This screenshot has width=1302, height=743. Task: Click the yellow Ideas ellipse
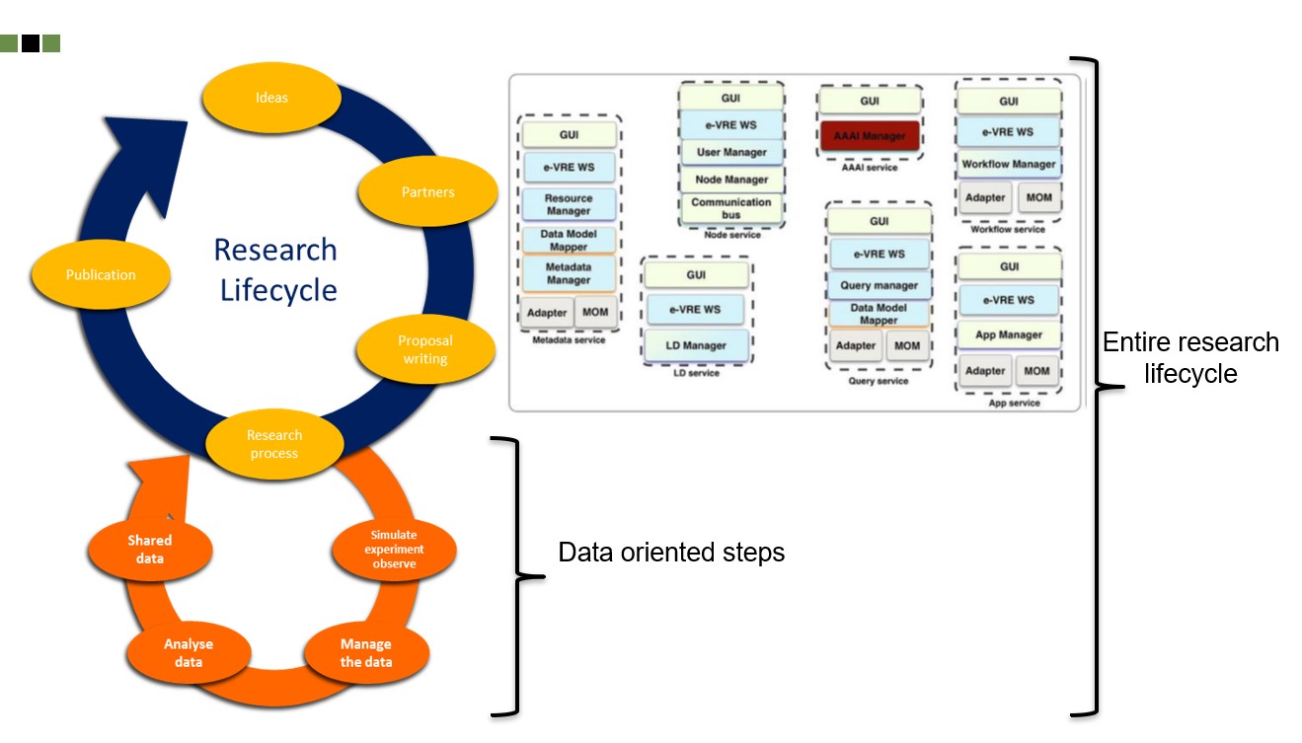click(x=271, y=98)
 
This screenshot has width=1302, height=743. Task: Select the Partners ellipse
click(x=427, y=191)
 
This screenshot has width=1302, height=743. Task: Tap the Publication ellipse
click(x=101, y=275)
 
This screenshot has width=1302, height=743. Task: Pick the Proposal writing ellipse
click(x=425, y=349)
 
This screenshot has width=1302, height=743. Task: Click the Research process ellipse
click(x=274, y=444)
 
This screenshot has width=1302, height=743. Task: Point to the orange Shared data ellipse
click(x=150, y=550)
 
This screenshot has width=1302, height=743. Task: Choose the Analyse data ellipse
click(x=189, y=652)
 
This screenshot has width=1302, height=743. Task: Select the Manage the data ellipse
click(x=366, y=652)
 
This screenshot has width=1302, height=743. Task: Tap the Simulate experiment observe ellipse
click(x=394, y=550)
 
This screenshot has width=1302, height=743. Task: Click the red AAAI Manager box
click(x=870, y=136)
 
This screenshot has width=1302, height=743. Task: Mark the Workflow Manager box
click(x=1009, y=164)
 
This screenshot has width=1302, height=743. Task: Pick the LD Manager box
click(x=695, y=345)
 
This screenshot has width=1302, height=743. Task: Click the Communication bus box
click(x=730, y=208)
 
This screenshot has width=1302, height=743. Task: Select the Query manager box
click(x=879, y=285)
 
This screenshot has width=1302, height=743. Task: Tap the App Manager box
click(x=1009, y=334)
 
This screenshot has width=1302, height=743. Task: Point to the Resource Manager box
click(x=569, y=204)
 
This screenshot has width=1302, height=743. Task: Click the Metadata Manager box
click(x=569, y=273)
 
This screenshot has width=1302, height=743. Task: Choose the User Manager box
click(x=731, y=152)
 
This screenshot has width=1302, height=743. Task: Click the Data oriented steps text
click(x=671, y=553)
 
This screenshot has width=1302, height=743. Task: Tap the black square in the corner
click(x=30, y=43)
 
